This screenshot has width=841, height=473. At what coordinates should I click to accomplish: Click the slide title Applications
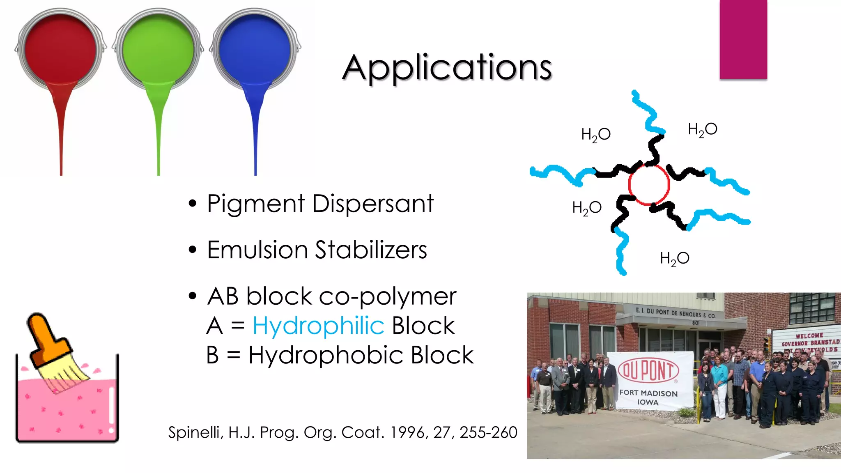(447, 68)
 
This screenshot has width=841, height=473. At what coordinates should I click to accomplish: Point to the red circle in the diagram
(649, 185)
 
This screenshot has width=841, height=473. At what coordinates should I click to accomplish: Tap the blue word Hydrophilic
(318, 326)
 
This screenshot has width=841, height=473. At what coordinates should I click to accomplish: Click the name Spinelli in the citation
(195, 432)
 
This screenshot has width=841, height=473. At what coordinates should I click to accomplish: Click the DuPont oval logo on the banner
(648, 370)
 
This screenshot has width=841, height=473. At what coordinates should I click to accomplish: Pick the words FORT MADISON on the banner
(648, 393)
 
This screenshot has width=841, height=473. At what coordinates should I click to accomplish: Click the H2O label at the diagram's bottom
(675, 259)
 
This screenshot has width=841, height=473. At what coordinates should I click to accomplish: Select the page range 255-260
(488, 432)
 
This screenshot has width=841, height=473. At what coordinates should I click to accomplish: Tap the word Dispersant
(373, 204)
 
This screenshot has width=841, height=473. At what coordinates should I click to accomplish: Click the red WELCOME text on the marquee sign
(809, 336)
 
